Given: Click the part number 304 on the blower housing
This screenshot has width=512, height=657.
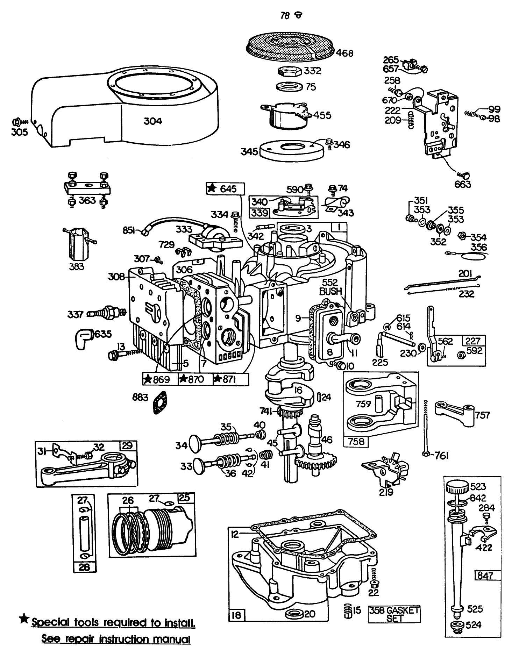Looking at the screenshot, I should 153,121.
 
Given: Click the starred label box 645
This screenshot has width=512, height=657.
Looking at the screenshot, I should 226,189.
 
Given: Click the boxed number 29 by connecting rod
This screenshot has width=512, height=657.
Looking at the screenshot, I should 127,446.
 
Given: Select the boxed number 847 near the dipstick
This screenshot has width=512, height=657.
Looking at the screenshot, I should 485,576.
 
